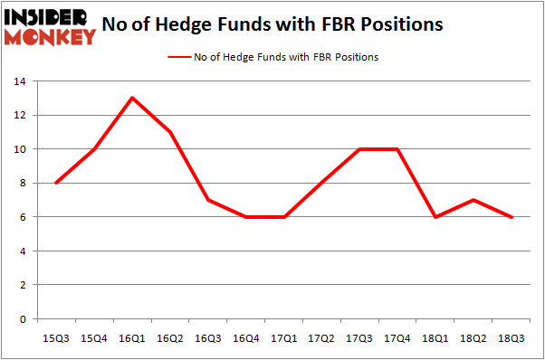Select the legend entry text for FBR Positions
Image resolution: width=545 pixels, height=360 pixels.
tap(286, 57)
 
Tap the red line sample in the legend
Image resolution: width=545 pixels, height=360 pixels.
tap(177, 57)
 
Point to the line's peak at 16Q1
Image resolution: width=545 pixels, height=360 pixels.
tap(133, 98)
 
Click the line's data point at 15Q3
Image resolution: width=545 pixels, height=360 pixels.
tap(56, 183)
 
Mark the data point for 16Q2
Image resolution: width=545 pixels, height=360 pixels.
tap(171, 132)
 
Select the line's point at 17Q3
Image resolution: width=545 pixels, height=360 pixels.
tap(359, 149)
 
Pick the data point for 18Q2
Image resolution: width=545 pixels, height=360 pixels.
tap(473, 200)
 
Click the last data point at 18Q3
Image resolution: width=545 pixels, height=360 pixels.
tap(512, 217)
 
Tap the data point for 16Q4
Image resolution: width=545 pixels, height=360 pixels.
tap(246, 217)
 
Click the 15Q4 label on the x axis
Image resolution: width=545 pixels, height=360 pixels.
tap(95, 337)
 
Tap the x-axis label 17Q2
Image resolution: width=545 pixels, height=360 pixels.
tap(322, 337)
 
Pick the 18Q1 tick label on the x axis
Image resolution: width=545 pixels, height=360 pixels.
tap(435, 337)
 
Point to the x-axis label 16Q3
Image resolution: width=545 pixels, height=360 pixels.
tap(208, 337)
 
